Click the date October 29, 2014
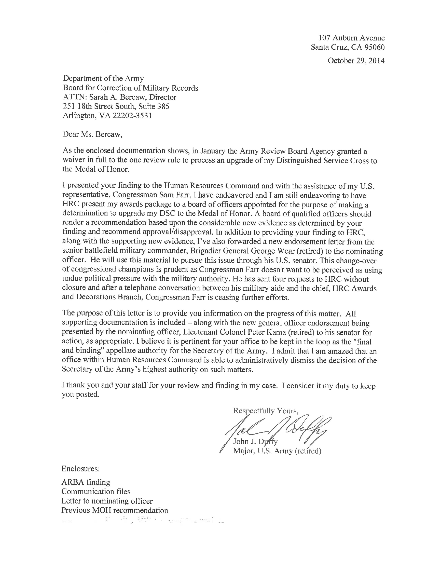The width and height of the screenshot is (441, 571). pos(356,61)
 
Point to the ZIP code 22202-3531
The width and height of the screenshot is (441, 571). pos(132,116)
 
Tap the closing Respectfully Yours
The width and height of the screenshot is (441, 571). pos(266,411)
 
